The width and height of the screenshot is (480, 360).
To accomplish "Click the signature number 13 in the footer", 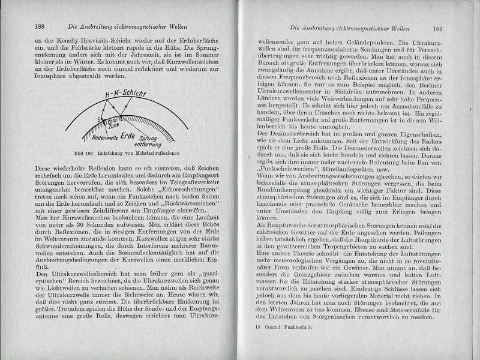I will coord(258,328).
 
